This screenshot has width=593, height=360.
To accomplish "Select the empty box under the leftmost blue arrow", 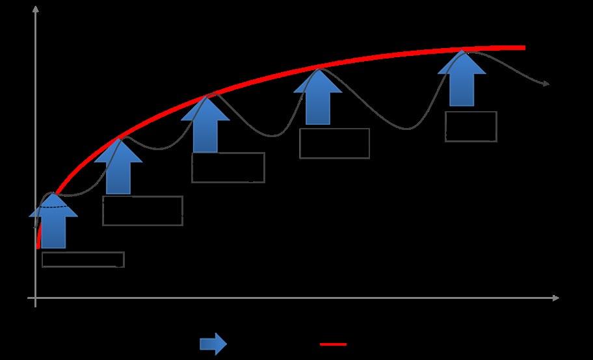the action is coord(83,259).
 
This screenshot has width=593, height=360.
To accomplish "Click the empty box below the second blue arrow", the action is coord(142,211).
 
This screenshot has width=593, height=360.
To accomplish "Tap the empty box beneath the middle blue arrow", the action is coord(228,168).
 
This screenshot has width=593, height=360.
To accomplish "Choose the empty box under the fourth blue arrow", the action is coord(334,143).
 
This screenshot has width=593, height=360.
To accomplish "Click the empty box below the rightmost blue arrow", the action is coord(471,126).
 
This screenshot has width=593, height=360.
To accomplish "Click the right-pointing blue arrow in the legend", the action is coord(213,344).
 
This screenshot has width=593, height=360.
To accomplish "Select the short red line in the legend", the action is coord(333,344).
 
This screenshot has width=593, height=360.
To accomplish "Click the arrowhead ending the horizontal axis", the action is coord(555,298).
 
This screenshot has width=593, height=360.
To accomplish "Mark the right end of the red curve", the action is coord(523,47).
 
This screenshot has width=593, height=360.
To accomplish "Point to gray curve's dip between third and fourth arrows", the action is coord(274,136).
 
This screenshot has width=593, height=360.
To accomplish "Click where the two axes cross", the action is coord(35,298).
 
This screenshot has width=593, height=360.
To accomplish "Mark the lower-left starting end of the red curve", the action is coord(38,246).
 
